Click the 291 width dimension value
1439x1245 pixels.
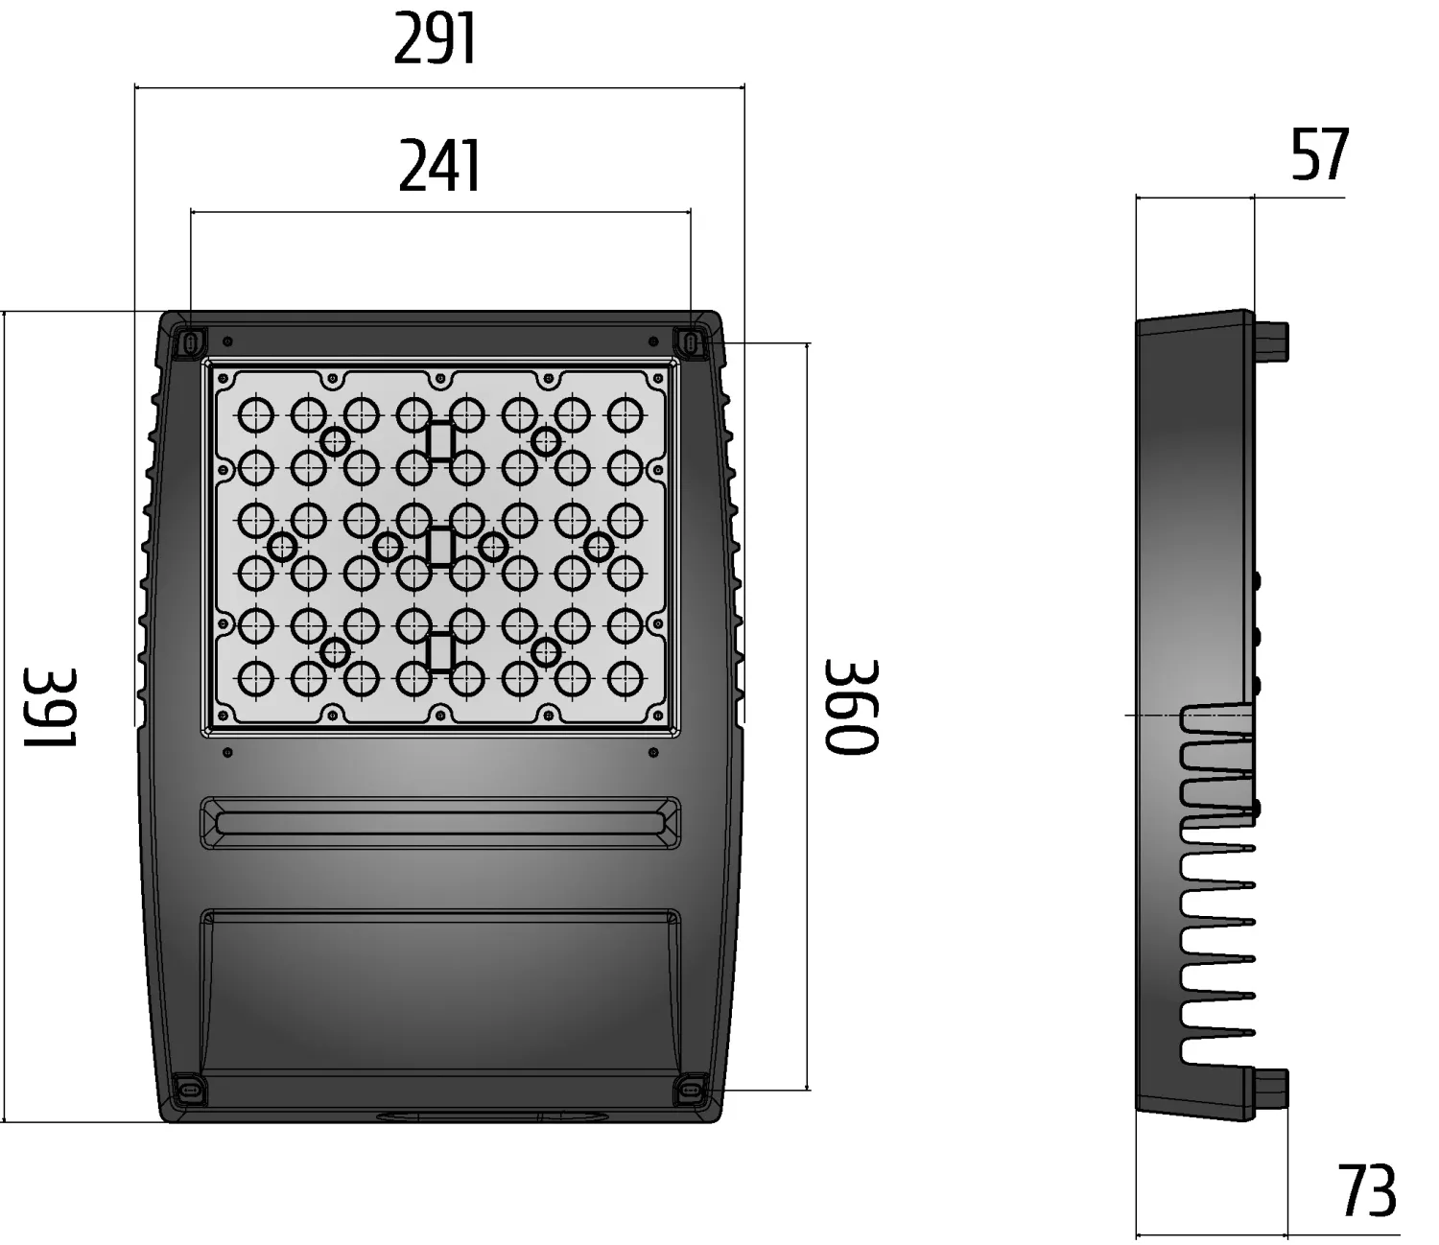pos(436,39)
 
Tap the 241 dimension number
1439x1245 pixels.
pos(439,166)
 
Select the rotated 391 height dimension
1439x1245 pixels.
pos(50,707)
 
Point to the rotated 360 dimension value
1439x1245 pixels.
pos(851,706)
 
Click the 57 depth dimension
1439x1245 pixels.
pos(1320,153)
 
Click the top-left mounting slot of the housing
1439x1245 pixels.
pos(190,341)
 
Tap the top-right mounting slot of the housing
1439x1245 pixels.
pos(690,341)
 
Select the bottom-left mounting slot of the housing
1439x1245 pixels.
pos(189,1089)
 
